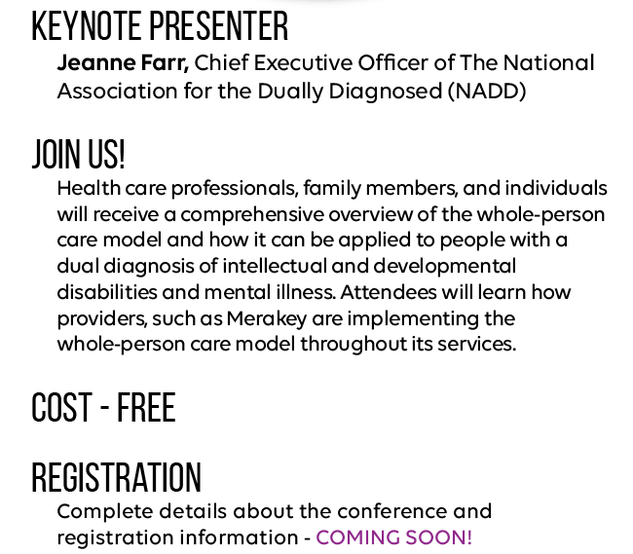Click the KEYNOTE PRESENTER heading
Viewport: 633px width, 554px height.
click(x=160, y=26)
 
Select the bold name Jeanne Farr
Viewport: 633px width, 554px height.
click(x=122, y=63)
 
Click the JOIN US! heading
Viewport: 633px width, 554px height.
click(x=78, y=154)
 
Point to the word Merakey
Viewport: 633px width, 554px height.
click(x=266, y=318)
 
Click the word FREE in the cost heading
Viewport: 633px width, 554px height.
click(x=146, y=408)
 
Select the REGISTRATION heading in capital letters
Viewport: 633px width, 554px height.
click(x=116, y=478)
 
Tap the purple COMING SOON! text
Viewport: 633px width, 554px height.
click(x=393, y=537)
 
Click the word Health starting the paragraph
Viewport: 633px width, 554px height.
click(x=85, y=188)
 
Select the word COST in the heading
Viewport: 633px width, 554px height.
click(x=61, y=408)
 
